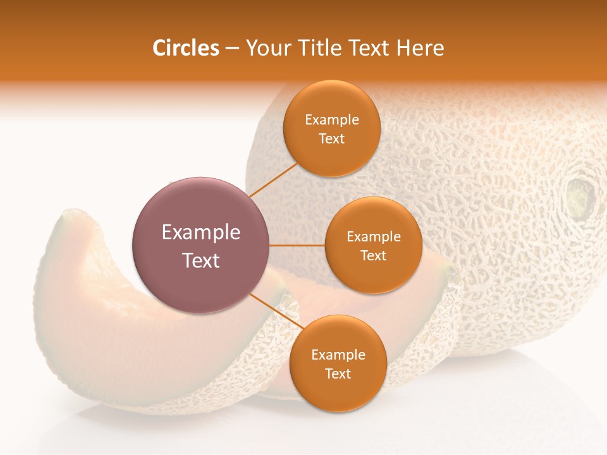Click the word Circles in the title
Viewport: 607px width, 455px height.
pyautogui.click(x=185, y=48)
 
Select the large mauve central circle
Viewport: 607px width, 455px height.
pyautogui.click(x=200, y=245)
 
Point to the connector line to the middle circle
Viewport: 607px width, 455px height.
pyautogui.click(x=297, y=245)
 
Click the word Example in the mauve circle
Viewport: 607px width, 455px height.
pyautogui.click(x=200, y=233)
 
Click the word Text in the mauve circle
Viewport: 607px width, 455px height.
pyautogui.click(x=200, y=260)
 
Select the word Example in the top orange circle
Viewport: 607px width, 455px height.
pyautogui.click(x=332, y=120)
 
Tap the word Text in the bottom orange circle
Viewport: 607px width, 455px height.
pyautogui.click(x=338, y=373)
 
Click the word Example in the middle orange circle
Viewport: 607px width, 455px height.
pyautogui.click(x=373, y=237)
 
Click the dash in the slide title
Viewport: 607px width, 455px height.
pyautogui.click(x=231, y=49)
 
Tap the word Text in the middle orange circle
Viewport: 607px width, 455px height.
pyautogui.click(x=373, y=256)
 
